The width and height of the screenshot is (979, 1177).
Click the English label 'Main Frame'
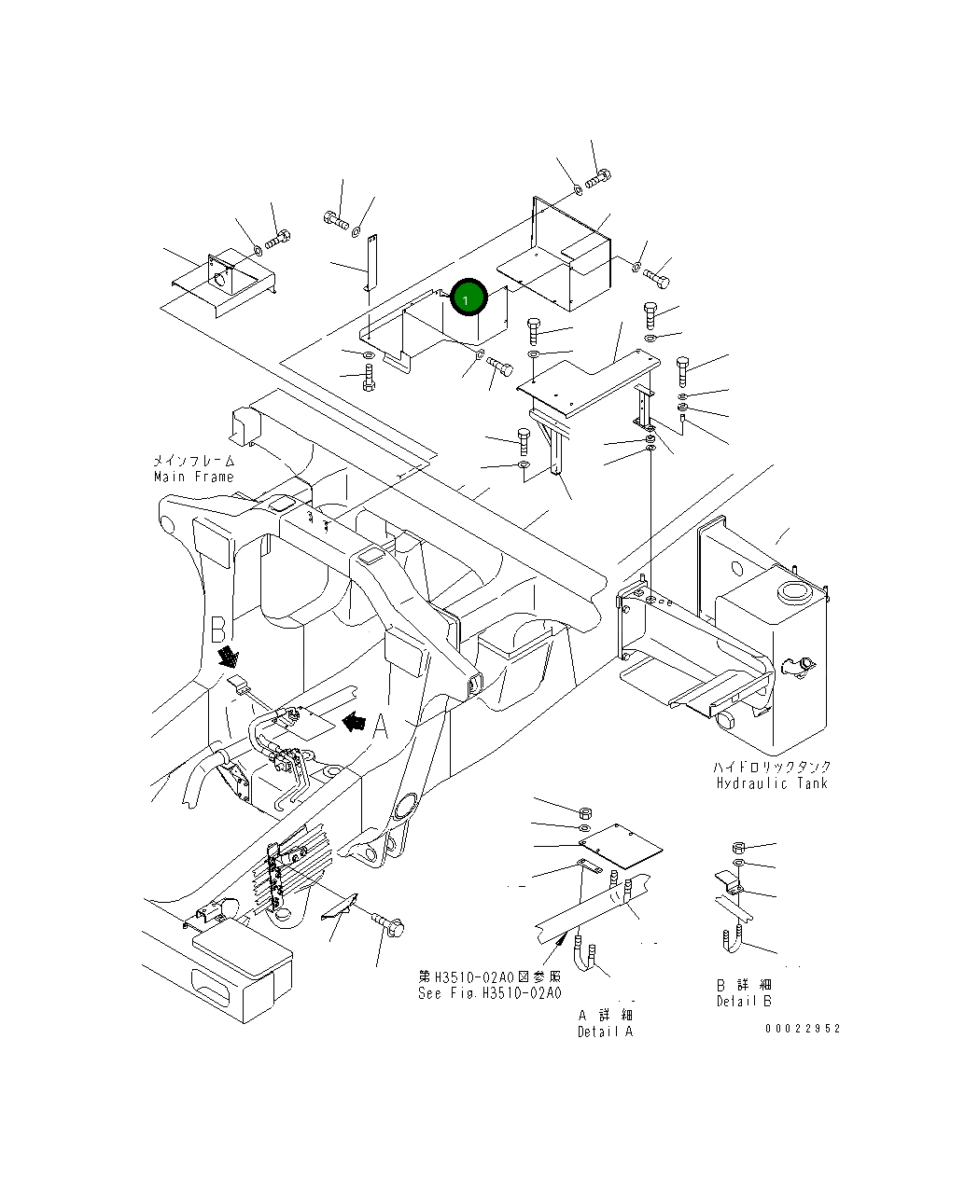194,477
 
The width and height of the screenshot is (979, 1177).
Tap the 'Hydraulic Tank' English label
772,783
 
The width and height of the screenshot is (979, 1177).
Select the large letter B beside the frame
218,630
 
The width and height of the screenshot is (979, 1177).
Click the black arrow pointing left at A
353,721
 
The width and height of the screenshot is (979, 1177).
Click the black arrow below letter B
227,658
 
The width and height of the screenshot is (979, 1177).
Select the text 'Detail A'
605,1031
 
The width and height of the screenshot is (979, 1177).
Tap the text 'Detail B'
744,1001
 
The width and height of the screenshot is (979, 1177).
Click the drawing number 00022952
803,1028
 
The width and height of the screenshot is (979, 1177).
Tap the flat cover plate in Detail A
621,844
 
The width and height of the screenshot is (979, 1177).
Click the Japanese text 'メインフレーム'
194,461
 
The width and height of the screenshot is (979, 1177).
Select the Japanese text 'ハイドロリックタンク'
772,767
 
